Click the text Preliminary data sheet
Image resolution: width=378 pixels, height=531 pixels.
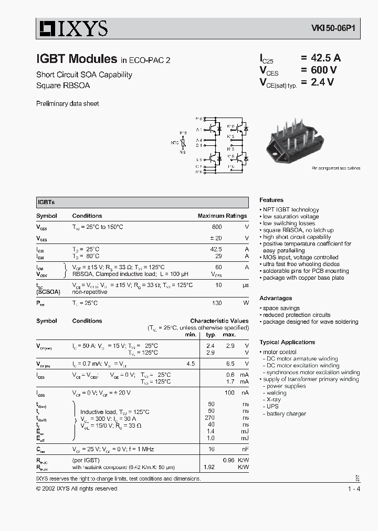(67, 104)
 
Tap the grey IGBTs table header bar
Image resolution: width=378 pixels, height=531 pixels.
(142, 202)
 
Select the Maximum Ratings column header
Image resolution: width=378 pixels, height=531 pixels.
(222, 216)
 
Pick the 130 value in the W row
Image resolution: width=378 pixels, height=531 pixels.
(216, 303)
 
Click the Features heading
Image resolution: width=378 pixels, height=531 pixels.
(271, 200)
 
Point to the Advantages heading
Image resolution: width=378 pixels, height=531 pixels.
(276, 298)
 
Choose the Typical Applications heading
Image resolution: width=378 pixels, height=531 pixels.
(287, 342)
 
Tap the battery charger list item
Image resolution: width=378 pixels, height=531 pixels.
(286, 413)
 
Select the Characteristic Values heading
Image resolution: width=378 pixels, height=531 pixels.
(219, 321)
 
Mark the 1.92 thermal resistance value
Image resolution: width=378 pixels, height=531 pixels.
(209, 466)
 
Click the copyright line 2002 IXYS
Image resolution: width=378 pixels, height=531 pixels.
(77, 488)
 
